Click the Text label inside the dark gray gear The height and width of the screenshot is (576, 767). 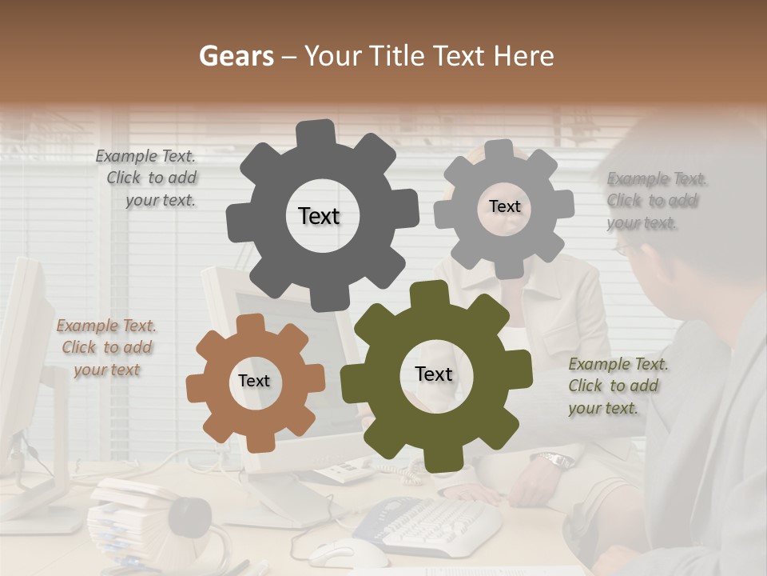click(x=319, y=216)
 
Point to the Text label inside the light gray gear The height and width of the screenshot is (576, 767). click(x=504, y=206)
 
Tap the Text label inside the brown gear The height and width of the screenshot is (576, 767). click(x=254, y=381)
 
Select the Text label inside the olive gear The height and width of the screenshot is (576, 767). click(x=434, y=374)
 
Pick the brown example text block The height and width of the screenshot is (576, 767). click(x=106, y=348)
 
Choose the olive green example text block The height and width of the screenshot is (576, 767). click(x=617, y=386)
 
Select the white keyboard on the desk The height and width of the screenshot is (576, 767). click(x=431, y=525)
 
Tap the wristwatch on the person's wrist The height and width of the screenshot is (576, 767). click(x=555, y=461)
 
